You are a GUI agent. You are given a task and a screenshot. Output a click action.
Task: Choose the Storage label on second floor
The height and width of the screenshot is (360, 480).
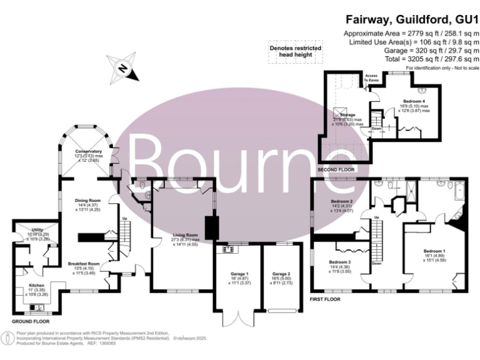pyautogui.click(x=348, y=114)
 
